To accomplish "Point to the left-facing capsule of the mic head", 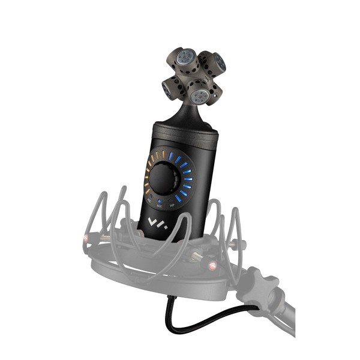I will coord(166,91).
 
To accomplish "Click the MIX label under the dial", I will coord(159,206).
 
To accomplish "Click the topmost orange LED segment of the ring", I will coord(161,155).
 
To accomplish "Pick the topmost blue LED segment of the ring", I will coord(170,155).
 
